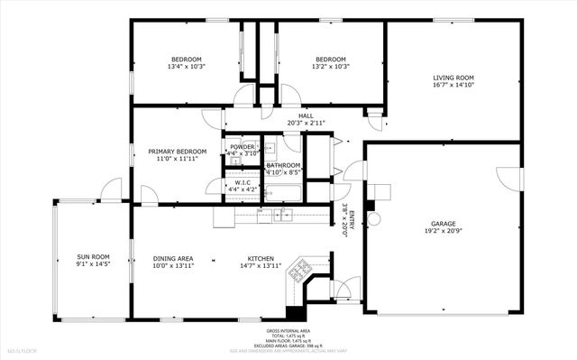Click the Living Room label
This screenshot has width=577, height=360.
coord(453,78)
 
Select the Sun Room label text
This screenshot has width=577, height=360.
coord(92,258)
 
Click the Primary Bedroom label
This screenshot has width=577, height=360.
coord(178,152)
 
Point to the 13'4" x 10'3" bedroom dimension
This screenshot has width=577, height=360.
coord(187,67)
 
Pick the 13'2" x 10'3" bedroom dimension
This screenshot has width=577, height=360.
coord(331,67)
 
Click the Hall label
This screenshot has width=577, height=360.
coord(306,115)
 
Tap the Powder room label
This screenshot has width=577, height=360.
coord(242,146)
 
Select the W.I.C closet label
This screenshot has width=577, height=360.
coord(242,182)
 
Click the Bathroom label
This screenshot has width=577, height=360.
coord(282,165)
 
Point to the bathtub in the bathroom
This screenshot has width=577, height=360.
coord(282,192)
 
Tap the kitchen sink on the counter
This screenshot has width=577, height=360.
coord(282,215)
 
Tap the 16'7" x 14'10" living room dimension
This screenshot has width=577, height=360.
coord(453,86)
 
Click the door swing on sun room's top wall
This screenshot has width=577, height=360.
coord(110,190)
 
